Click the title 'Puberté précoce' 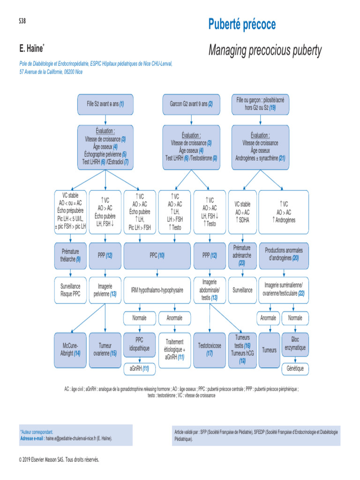pyautogui.click(x=242, y=24)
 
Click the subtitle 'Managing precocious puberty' pyautogui.click(x=265, y=50)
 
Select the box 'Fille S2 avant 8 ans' pyautogui.click(x=105, y=103)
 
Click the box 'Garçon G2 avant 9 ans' pyautogui.click(x=191, y=104)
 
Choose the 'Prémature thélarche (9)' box pyautogui.click(x=71, y=255)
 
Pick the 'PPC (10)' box pyautogui.click(x=157, y=255)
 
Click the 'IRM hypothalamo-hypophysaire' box pyautogui.click(x=157, y=290)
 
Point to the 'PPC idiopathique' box pyautogui.click(x=139, y=344)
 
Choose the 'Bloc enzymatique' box pyautogui.click(x=295, y=344)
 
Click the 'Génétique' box pyautogui.click(x=295, y=369)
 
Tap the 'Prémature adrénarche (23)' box pyautogui.click(x=242, y=255)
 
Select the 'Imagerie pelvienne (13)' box pyautogui.click(x=105, y=290)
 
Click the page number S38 pyautogui.click(x=22, y=21)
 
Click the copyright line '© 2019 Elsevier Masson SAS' pyautogui.click(x=59, y=460)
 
